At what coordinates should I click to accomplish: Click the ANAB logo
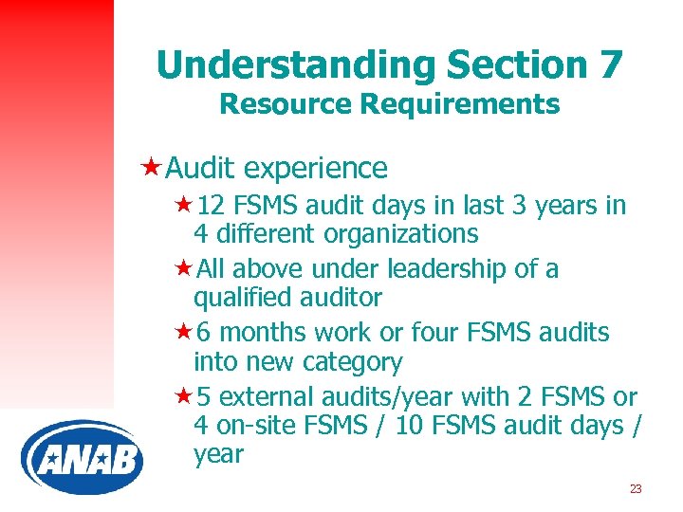[x=82, y=459]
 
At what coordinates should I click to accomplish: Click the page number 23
[x=636, y=489]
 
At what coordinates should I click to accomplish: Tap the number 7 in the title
[x=609, y=64]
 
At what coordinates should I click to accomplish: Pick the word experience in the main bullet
[x=315, y=169]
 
